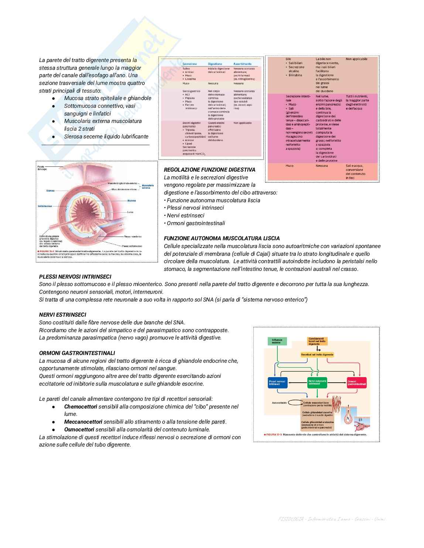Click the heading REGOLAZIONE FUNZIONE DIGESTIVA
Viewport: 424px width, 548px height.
tap(209, 170)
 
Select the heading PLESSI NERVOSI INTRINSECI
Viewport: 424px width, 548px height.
tap(75, 276)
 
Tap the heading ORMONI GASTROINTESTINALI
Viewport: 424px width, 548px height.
tap(77, 353)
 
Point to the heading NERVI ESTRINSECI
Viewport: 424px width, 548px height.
tap(62, 315)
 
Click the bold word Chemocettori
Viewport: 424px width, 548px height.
tap(81, 407)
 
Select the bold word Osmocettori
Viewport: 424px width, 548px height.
tap(79, 430)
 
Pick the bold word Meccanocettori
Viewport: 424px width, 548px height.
tap(83, 422)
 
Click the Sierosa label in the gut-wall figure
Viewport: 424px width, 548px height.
tap(51, 191)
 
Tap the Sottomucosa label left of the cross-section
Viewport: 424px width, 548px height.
tap(45, 206)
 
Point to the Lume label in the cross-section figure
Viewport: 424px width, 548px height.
tap(130, 212)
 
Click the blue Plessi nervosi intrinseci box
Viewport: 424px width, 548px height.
tap(277, 382)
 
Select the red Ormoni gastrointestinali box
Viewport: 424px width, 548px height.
tap(357, 382)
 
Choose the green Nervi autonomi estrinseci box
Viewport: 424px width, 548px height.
tap(317, 382)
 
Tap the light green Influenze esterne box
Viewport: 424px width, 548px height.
tap(277, 341)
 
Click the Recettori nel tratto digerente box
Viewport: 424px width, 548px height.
tap(317, 355)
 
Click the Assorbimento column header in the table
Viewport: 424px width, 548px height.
tap(242, 64)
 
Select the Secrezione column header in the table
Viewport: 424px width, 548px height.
tap(189, 64)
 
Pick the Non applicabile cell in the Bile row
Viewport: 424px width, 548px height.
tap(356, 59)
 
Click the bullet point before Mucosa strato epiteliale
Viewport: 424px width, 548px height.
tap(54, 99)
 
